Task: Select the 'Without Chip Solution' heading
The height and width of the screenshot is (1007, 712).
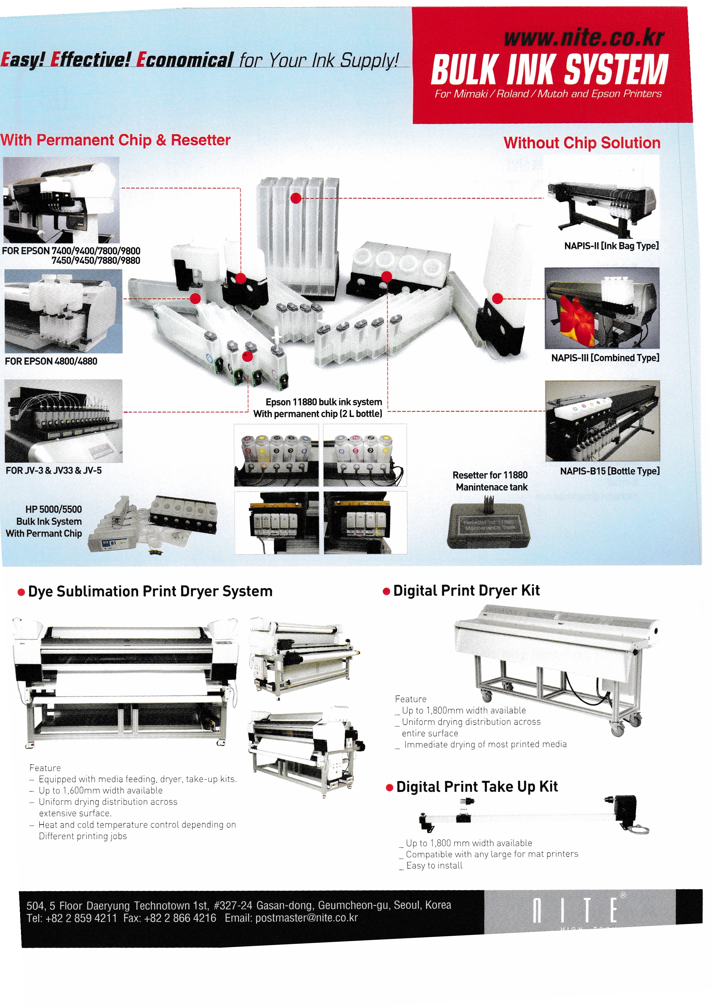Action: pyautogui.click(x=582, y=143)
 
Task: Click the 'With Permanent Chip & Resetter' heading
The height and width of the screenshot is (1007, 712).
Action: pyautogui.click(x=115, y=140)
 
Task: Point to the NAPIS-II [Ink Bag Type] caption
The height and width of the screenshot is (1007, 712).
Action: pyautogui.click(x=611, y=246)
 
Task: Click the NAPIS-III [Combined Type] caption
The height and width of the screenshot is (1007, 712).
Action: pyautogui.click(x=605, y=358)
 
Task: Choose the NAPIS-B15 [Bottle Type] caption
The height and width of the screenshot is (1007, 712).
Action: pyautogui.click(x=610, y=471)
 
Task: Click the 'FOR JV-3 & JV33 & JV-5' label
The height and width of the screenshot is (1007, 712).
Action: pyautogui.click(x=53, y=471)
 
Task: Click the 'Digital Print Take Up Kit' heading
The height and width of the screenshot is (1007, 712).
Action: pyautogui.click(x=477, y=787)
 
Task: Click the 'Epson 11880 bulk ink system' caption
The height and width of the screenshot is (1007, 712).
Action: pyautogui.click(x=324, y=402)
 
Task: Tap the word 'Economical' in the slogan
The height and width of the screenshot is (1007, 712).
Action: pyautogui.click(x=185, y=60)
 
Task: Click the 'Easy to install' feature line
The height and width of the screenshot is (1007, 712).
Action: pyautogui.click(x=434, y=865)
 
